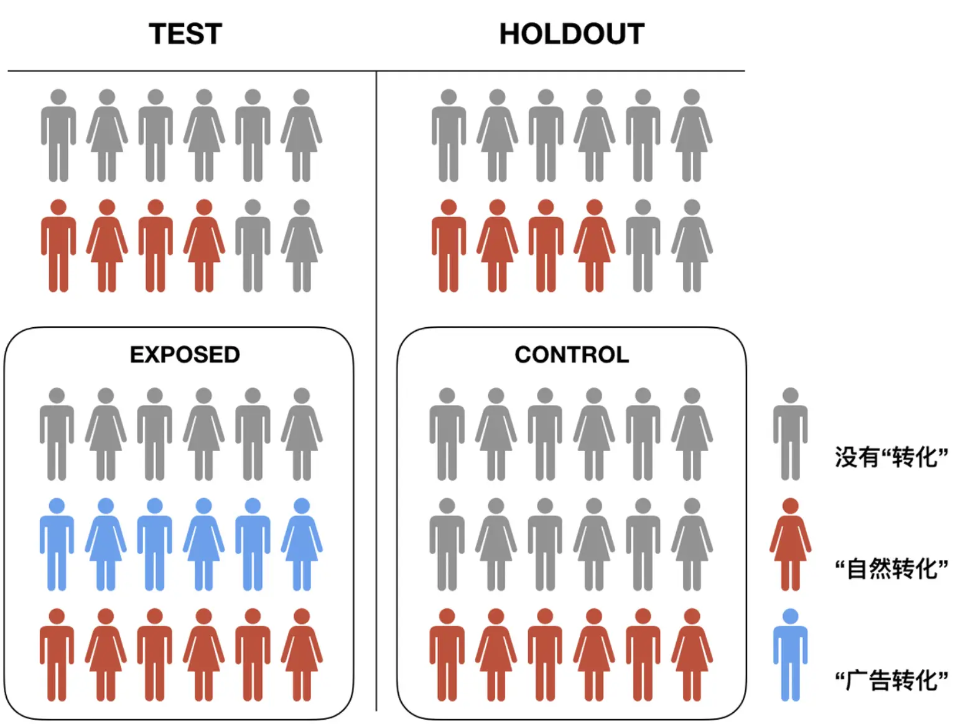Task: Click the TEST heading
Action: [185, 34]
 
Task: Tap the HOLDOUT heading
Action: [572, 34]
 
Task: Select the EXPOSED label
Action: [185, 355]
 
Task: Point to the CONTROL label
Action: [572, 355]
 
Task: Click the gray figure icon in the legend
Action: [790, 435]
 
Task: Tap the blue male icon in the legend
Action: [790, 656]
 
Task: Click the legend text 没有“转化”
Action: [891, 457]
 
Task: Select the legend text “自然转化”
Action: [891, 569]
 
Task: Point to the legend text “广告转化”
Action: [891, 680]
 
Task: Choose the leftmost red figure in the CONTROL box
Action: [447, 656]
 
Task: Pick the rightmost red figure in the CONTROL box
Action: [692, 656]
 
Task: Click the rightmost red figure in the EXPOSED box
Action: [302, 656]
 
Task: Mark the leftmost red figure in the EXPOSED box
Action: [57, 656]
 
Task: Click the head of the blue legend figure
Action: [790, 616]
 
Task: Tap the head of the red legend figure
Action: [790, 506]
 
